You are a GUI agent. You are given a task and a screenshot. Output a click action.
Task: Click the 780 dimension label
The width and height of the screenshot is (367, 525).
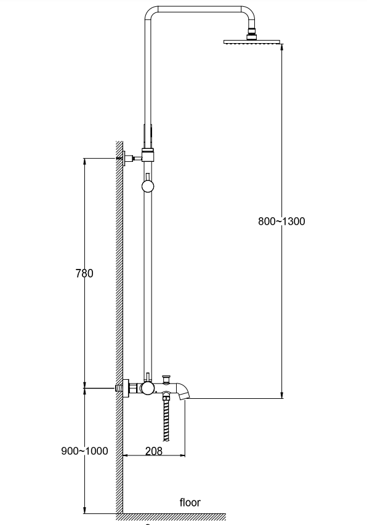click(84, 273)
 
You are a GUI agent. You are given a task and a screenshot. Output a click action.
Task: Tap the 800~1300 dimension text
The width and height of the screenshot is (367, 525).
click(281, 222)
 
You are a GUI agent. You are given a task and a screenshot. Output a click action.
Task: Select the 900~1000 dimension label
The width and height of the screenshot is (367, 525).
click(84, 451)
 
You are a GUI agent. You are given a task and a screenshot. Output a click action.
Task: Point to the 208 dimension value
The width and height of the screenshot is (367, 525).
click(154, 451)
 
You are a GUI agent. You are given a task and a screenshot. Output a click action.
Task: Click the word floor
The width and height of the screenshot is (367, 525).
click(190, 502)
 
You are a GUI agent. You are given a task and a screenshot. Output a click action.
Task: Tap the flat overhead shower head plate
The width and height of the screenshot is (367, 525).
click(252, 42)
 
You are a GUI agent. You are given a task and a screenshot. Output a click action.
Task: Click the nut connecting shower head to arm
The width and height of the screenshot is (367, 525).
click(251, 36)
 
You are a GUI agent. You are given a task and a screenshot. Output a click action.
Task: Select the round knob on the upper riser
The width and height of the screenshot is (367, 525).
click(148, 186)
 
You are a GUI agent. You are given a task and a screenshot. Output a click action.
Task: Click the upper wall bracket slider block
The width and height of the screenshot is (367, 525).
click(148, 154)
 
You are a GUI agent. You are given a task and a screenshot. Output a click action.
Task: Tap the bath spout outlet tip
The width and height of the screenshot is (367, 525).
click(184, 396)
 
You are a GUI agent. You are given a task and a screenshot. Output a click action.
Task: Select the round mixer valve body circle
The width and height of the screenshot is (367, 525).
click(147, 388)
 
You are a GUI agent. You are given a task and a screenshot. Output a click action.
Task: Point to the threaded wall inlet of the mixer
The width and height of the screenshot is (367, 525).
click(119, 388)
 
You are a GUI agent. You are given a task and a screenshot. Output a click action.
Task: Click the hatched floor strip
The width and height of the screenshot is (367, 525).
click(171, 517)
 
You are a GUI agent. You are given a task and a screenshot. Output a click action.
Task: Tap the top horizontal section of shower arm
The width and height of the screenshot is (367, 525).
click(200, 9)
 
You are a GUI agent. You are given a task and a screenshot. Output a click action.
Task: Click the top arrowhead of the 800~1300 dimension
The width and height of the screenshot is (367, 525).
click(282, 47)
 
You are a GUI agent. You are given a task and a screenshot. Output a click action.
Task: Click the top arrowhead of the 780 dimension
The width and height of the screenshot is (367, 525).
click(84, 162)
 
